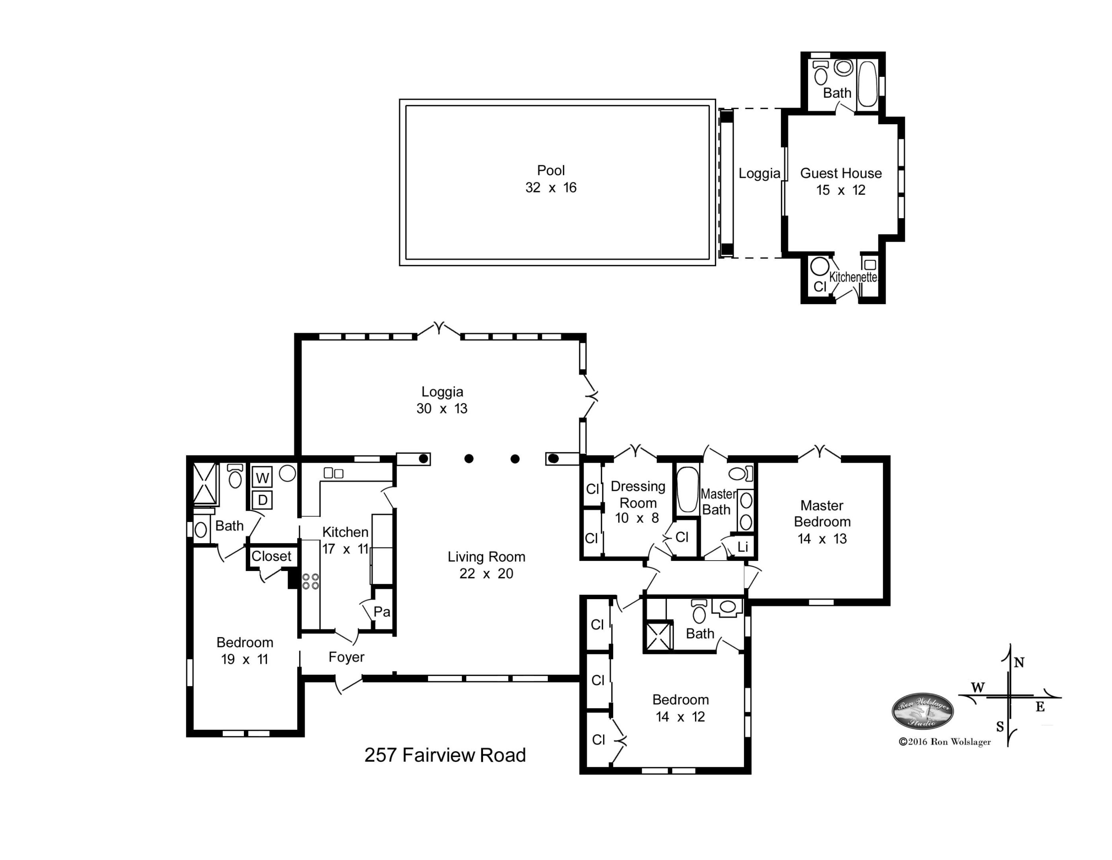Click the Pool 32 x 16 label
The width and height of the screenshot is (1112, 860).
pyautogui.click(x=551, y=179)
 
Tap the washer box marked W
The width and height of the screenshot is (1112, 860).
pyautogui.click(x=262, y=478)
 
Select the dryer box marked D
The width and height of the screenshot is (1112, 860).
pyautogui.click(x=262, y=500)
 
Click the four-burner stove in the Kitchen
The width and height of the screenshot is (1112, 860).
pyautogui.click(x=311, y=581)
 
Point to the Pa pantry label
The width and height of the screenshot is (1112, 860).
pyautogui.click(x=382, y=612)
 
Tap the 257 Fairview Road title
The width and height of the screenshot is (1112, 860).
pyautogui.click(x=445, y=754)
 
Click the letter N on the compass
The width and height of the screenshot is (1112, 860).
pyautogui.click(x=1019, y=663)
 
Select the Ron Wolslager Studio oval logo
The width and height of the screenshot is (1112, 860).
pyautogui.click(x=923, y=711)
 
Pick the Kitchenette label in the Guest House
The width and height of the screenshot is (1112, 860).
pyautogui.click(x=853, y=277)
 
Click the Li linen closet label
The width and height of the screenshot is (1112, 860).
pyautogui.click(x=743, y=547)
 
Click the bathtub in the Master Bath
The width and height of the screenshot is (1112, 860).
pyautogui.click(x=687, y=489)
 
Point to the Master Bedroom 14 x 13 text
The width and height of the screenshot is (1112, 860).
pyautogui.click(x=822, y=521)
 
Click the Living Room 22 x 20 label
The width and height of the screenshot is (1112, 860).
pyautogui.click(x=486, y=565)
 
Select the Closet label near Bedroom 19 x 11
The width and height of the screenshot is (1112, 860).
pyautogui.click(x=271, y=556)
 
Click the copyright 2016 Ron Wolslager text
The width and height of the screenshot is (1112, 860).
pyautogui.click(x=945, y=742)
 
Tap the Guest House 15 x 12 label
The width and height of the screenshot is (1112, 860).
pyautogui.click(x=841, y=182)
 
